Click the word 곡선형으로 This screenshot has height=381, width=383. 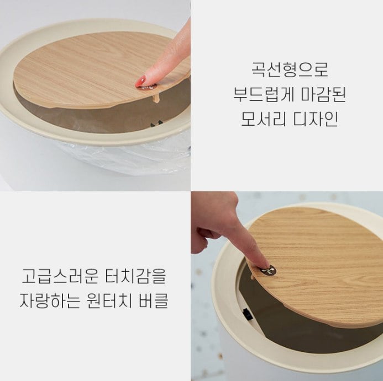290,69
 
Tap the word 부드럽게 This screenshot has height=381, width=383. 263,94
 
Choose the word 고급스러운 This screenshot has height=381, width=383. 60,276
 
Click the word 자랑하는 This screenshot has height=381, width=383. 50,300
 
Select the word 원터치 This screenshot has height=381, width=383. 109,300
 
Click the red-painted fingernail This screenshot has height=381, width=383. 140,81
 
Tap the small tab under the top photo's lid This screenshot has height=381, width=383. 156,98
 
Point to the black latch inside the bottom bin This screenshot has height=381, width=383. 246,314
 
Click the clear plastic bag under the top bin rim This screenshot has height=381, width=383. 122,156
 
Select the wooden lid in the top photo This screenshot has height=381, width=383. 98,71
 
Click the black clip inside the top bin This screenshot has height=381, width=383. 156,124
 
